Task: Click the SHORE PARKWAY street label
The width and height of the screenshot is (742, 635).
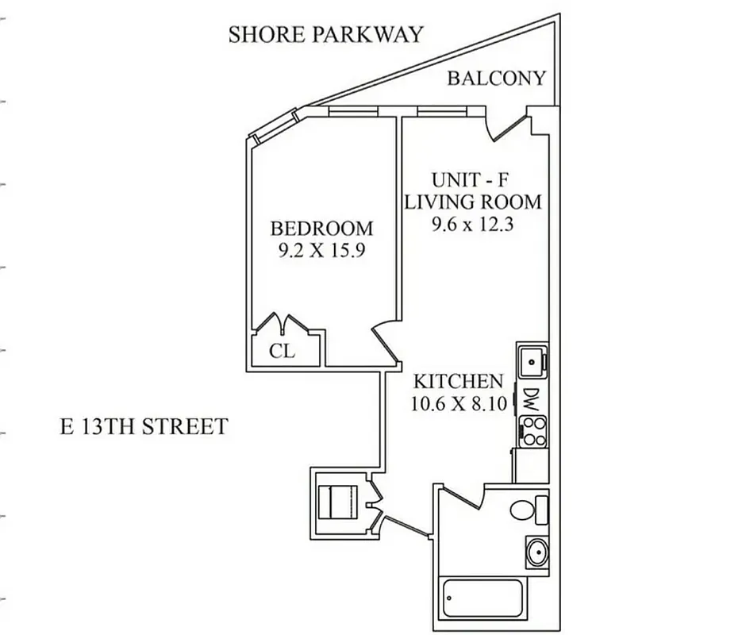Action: [x=325, y=35]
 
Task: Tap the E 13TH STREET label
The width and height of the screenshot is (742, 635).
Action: [x=144, y=427]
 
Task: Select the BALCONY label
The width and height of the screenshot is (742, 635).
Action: [x=496, y=78]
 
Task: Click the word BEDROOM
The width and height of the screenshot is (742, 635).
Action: [x=321, y=229]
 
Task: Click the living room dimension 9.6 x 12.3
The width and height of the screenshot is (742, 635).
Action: [x=473, y=224]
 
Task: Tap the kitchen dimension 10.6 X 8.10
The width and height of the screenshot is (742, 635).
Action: [x=458, y=403]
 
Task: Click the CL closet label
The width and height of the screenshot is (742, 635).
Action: [x=283, y=351]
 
